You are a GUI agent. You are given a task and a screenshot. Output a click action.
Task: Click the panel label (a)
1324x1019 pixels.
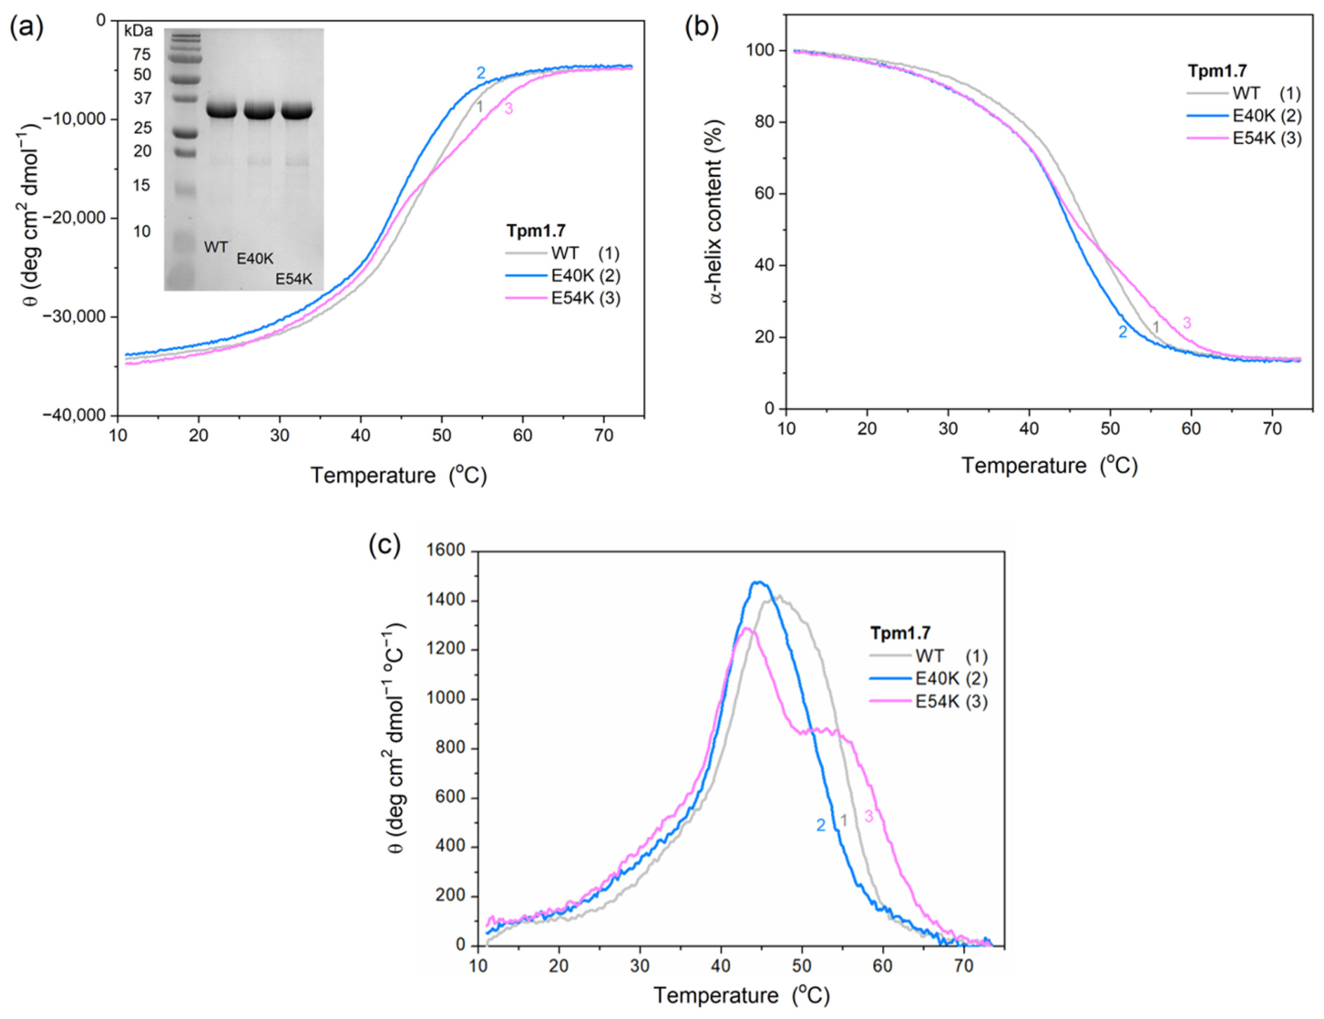[x=26, y=28]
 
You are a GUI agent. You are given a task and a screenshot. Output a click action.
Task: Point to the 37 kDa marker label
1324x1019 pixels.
[x=142, y=98]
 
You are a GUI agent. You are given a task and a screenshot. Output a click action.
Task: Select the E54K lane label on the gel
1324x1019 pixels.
[x=293, y=279]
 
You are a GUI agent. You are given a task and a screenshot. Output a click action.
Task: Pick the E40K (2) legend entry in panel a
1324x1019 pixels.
[x=563, y=275]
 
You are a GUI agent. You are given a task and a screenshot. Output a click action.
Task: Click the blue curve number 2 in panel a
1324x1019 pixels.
[x=481, y=73]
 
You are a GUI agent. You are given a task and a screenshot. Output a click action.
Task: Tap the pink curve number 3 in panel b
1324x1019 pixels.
[x=1187, y=323]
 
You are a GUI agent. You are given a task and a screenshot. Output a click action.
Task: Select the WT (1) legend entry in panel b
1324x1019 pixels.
[x=1244, y=94]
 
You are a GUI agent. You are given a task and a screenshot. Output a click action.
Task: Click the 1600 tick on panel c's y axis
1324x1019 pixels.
[x=447, y=551]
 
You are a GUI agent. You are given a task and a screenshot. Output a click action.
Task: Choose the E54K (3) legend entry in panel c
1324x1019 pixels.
[x=928, y=702]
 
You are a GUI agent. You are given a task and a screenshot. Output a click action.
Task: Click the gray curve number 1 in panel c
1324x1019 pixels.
[x=843, y=821]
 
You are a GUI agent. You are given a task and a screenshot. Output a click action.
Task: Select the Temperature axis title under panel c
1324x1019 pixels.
[x=742, y=996]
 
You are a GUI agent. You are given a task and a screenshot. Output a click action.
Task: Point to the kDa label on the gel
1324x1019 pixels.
[x=139, y=30]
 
